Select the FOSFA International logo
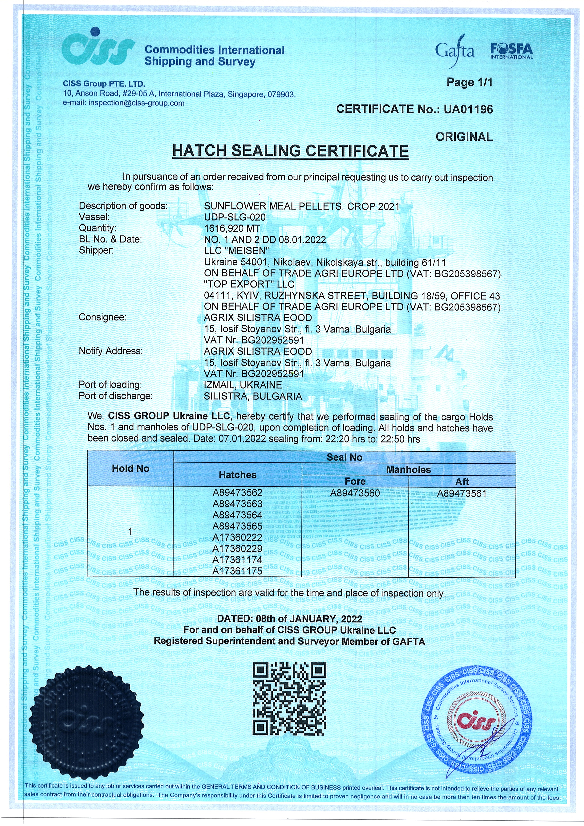(511, 51)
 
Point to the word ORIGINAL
(464, 137)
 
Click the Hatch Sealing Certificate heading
(290, 151)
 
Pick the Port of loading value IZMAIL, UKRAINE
(243, 385)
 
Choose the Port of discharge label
(115, 396)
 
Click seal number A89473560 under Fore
(355, 493)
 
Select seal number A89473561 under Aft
(462, 494)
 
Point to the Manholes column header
(408, 470)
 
